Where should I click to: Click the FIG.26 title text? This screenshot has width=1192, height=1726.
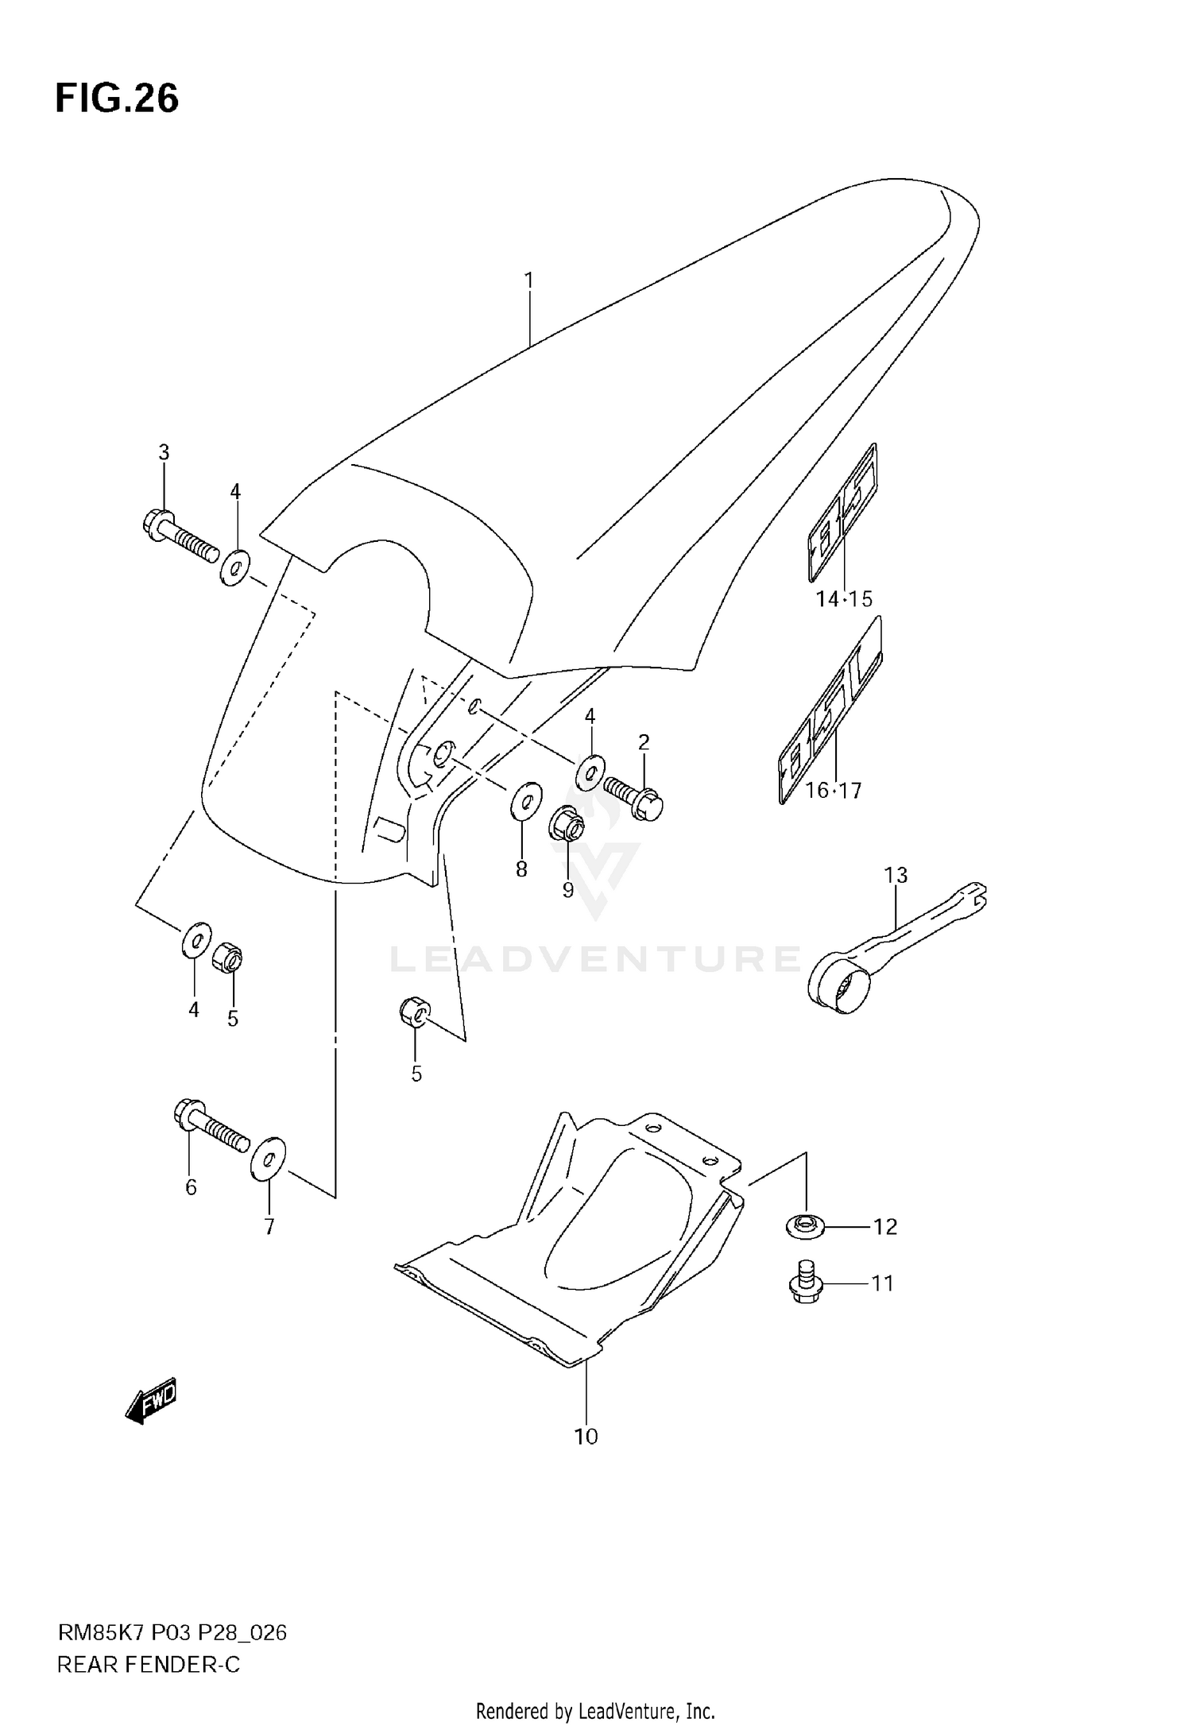pos(117,99)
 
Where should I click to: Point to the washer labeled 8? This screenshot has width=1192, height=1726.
pos(525,800)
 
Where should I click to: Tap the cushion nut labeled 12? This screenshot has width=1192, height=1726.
pos(806,1226)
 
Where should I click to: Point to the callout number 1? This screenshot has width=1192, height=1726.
pos(528,281)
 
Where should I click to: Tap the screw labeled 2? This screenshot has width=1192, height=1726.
pos(635,797)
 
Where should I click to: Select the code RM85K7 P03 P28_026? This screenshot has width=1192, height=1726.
pos(172,1633)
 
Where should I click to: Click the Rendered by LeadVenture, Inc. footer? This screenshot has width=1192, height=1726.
pos(596,1710)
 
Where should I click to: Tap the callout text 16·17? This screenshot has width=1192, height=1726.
pos(833,790)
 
